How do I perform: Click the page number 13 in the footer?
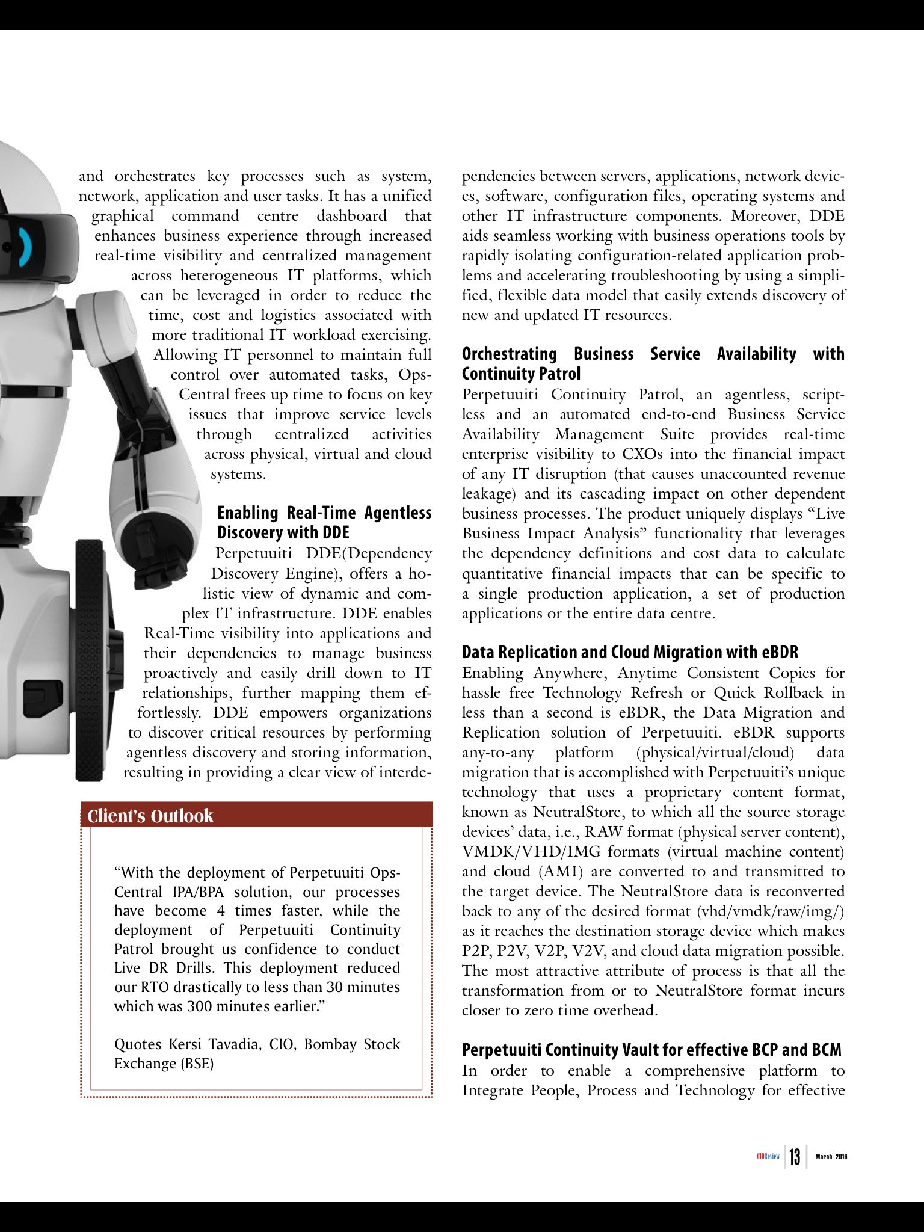[795, 1156]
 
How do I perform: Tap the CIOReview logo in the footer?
[768, 1156]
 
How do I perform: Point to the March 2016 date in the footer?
[831, 1156]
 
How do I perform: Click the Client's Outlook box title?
[150, 816]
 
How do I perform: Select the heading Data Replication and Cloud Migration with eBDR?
[630, 652]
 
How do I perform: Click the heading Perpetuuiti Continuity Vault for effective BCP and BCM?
[651, 1050]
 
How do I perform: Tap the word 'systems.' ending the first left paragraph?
[238, 474]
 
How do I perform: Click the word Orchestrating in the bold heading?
[509, 354]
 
